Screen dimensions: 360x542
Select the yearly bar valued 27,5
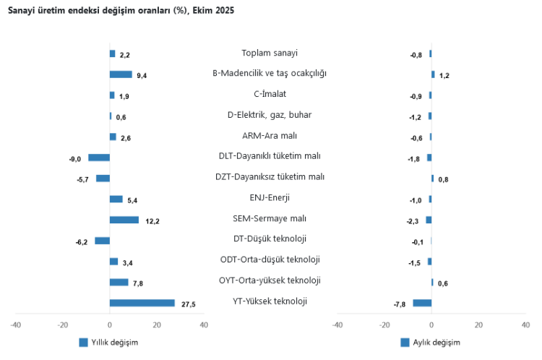pyautogui.click(x=142, y=303)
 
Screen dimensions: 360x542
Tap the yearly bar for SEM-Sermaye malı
pyautogui.click(x=124, y=220)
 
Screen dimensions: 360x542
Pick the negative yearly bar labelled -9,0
pyautogui.click(x=99, y=158)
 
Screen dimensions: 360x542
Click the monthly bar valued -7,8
pyautogui.click(x=422, y=303)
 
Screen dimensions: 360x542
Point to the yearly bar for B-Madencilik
pyautogui.click(x=121, y=74)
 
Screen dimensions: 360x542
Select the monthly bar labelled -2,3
pyautogui.click(x=429, y=220)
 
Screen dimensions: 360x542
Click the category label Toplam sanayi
pyautogui.click(x=270, y=53)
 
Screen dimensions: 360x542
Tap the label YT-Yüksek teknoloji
pyautogui.click(x=270, y=301)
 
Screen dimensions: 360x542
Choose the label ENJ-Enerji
pyautogui.click(x=270, y=197)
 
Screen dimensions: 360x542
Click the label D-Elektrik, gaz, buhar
pyautogui.click(x=270, y=114)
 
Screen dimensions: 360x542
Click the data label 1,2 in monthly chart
pyautogui.click(x=444, y=75)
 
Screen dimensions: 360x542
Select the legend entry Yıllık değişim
pyautogui.click(x=108, y=343)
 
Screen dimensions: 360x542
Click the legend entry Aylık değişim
pyautogui.click(x=431, y=343)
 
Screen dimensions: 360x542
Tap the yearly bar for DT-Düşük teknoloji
pyautogui.click(x=102, y=241)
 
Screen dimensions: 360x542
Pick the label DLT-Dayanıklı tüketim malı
pyautogui.click(x=270, y=155)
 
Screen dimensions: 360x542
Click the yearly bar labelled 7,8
pyautogui.click(x=119, y=282)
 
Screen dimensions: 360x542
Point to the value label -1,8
pyautogui.click(x=414, y=159)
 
